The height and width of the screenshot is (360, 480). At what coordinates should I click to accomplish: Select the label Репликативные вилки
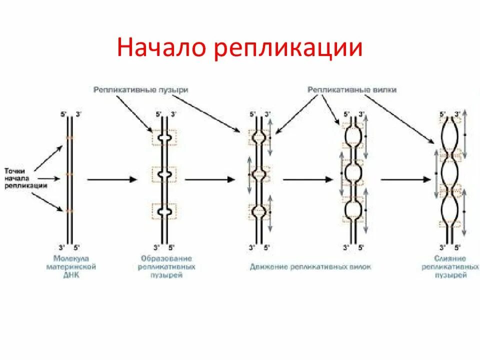tap(352, 89)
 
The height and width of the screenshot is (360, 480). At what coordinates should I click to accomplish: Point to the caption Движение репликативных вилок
tap(310, 267)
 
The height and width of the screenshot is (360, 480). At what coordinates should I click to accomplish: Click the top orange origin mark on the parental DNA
tap(70, 137)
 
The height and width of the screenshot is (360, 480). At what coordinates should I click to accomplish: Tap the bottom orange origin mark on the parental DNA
tap(70, 211)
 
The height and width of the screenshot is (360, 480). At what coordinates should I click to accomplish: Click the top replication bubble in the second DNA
tap(165, 137)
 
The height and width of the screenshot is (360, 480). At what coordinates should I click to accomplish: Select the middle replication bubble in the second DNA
tap(165, 174)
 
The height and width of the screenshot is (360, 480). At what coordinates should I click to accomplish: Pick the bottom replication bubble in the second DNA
tap(165, 212)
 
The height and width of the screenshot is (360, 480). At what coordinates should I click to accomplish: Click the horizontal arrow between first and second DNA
tap(112, 179)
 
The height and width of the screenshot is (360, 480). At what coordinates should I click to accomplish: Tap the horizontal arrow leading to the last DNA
tap(405, 179)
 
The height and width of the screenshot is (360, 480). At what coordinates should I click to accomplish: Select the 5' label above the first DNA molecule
tap(63, 114)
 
